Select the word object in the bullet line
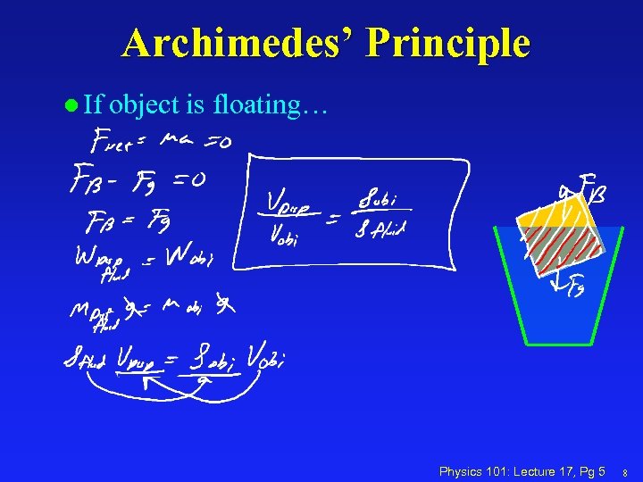pos(146,105)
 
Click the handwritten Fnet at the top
pos(117,142)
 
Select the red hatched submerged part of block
pos(568,249)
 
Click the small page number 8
pos(625,472)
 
